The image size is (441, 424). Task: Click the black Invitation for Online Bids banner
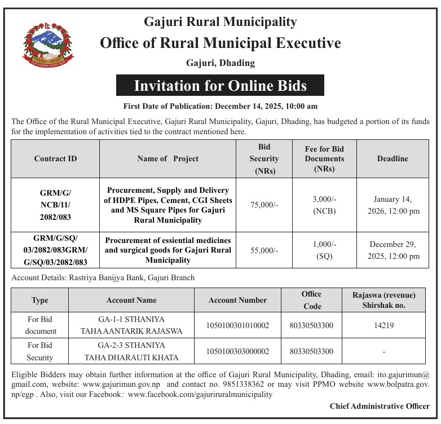click(x=220, y=86)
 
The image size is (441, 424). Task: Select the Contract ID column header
click(x=55, y=159)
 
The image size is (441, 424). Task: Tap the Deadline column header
click(x=393, y=159)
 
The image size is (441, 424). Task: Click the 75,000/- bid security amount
click(x=264, y=205)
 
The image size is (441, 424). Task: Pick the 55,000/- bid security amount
click(x=264, y=249)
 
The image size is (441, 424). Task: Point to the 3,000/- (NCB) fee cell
click(x=324, y=205)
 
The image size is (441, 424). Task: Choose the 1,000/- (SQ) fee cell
click(x=324, y=249)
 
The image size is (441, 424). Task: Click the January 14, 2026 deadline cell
click(x=393, y=205)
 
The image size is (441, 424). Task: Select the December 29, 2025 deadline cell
click(x=393, y=250)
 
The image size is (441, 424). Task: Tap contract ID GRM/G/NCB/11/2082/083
click(x=55, y=205)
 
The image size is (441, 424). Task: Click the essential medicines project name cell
click(x=168, y=250)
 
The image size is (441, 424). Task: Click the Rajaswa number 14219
click(x=383, y=325)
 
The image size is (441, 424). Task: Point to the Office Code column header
click(x=311, y=300)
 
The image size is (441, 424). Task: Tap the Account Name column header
click(x=131, y=300)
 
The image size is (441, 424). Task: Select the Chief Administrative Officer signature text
click(x=380, y=406)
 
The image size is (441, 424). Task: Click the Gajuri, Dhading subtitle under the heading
click(x=220, y=63)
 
